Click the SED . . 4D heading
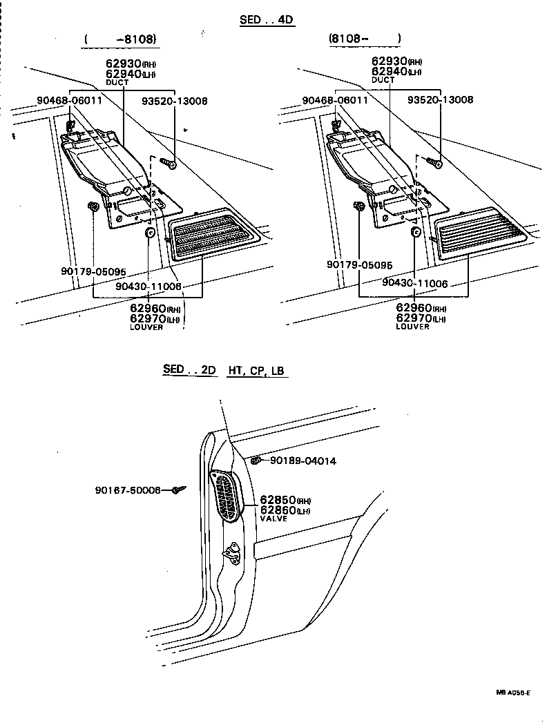click(267, 20)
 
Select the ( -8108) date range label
click(120, 39)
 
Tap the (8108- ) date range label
click(364, 39)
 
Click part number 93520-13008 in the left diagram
click(174, 101)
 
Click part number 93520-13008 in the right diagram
click(440, 100)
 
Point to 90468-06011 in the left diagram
click(69, 101)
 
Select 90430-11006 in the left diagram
click(148, 286)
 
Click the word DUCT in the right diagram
click(383, 81)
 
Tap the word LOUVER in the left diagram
click(146, 327)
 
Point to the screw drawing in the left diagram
click(169, 163)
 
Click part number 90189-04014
click(303, 461)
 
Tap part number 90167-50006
click(128, 490)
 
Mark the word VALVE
click(274, 517)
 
